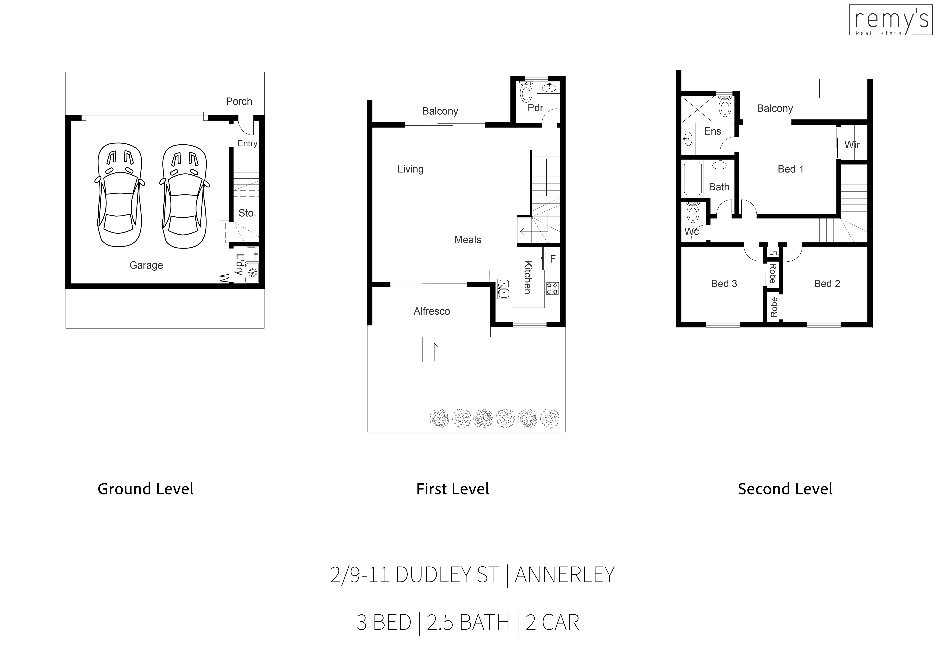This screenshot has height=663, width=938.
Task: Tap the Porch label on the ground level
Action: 239,101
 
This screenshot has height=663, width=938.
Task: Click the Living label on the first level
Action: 410,169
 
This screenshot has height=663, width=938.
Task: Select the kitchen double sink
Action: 503,289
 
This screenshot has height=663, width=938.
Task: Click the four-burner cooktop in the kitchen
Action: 552,289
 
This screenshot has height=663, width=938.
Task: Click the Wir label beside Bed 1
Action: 852,145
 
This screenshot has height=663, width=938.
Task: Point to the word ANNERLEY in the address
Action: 565,575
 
